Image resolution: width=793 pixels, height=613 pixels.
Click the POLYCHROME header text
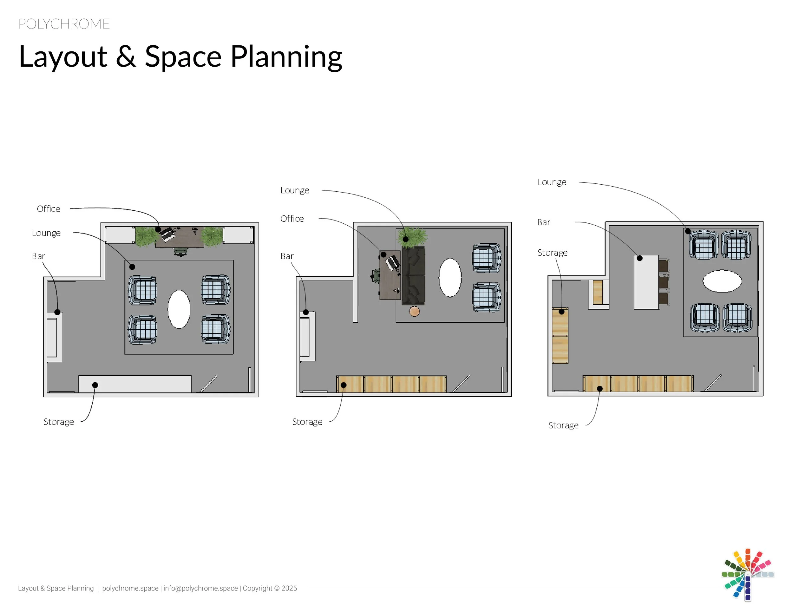pyautogui.click(x=64, y=24)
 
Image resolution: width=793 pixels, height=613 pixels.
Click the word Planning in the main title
pyautogui.click(x=286, y=57)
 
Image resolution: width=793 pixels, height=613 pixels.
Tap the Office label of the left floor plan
pyautogui.click(x=48, y=209)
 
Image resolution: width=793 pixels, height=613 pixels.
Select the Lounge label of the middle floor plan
pyautogui.click(x=294, y=190)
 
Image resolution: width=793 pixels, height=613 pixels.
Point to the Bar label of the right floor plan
pyautogui.click(x=544, y=222)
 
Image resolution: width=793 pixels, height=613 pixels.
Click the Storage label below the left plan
pyautogui.click(x=58, y=422)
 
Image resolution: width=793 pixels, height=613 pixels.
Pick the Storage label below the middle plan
pyautogui.click(x=307, y=422)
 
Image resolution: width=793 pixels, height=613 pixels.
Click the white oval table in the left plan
pyautogui.click(x=179, y=309)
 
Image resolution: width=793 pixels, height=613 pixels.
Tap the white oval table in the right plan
pyautogui.click(x=722, y=281)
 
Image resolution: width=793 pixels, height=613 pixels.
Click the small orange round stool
pyautogui.click(x=414, y=311)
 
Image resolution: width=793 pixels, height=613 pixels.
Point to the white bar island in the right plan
pyautogui.click(x=646, y=282)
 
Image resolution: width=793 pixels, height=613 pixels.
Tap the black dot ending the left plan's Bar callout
pyautogui.click(x=57, y=312)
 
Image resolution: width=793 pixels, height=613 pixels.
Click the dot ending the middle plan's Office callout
pyautogui.click(x=383, y=254)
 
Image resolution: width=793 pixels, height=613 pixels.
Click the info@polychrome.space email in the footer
pyautogui.click(x=200, y=588)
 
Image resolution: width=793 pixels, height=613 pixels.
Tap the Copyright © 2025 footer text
pyautogui.click(x=270, y=588)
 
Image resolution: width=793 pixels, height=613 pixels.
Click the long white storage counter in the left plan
pyautogui.click(x=135, y=384)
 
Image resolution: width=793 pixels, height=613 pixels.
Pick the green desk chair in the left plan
pyautogui.click(x=180, y=251)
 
